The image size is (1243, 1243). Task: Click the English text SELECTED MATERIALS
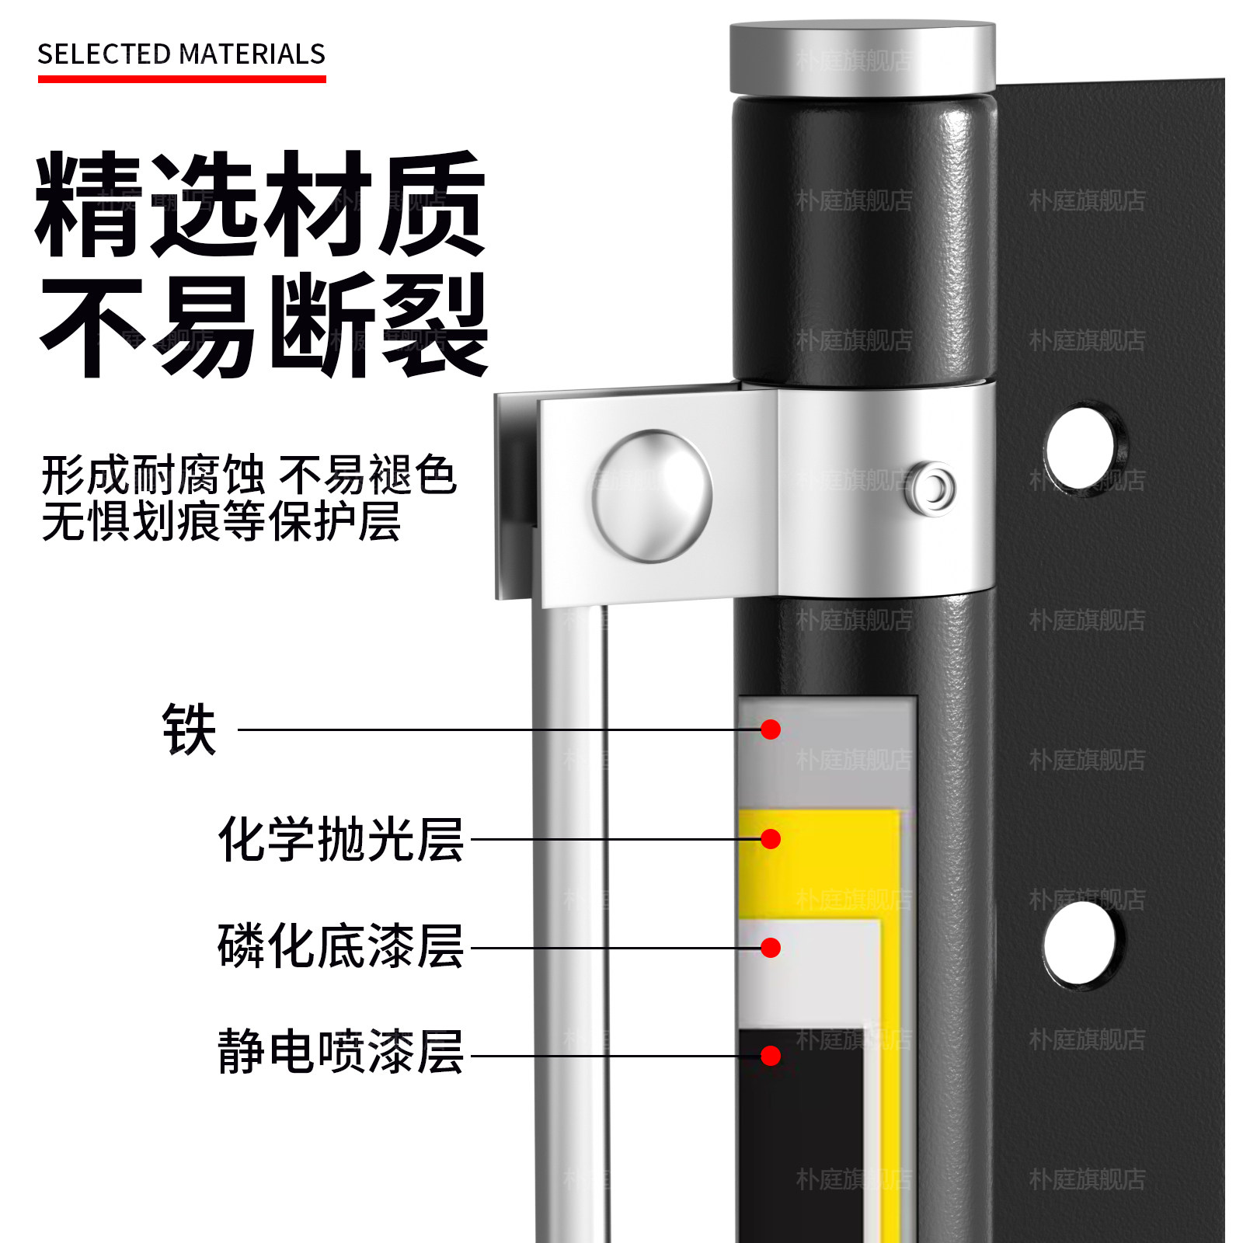(x=181, y=54)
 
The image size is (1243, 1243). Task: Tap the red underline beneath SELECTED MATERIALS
(x=181, y=78)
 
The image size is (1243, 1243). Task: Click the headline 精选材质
(x=260, y=204)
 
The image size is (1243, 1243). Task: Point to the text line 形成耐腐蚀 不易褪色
(x=249, y=475)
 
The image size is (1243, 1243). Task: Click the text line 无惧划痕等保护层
(x=221, y=521)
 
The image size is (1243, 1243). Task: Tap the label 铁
(x=189, y=729)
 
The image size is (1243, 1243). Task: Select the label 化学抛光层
(x=340, y=839)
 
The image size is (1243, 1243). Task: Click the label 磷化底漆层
(x=340, y=946)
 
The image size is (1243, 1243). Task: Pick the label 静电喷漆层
(x=340, y=1052)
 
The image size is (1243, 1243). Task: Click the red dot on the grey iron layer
(x=771, y=729)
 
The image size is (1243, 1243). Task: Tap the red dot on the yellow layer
(x=771, y=839)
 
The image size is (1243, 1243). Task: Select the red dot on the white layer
(x=771, y=948)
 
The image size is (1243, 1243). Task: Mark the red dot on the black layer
(x=771, y=1056)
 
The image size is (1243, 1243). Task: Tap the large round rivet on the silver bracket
(x=653, y=496)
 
